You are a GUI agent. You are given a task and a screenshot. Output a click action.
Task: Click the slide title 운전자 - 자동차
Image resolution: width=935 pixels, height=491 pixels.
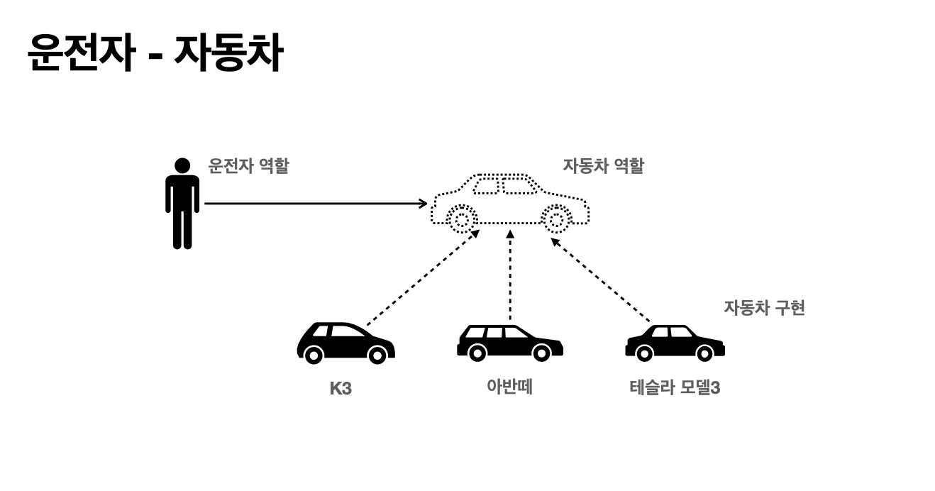point(155,53)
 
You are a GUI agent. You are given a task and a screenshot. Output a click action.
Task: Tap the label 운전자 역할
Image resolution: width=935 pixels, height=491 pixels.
point(248,166)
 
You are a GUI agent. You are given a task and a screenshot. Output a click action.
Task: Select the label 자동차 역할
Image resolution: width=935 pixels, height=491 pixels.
point(603,166)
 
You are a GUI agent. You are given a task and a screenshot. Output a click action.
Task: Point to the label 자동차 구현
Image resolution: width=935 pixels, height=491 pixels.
point(764,308)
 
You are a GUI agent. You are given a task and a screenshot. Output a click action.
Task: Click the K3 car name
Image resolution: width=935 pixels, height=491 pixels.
point(341,389)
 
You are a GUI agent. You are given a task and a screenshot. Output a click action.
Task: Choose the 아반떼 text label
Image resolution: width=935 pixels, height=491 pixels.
point(509,387)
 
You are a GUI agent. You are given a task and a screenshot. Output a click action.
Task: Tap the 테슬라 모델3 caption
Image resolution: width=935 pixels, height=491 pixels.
point(674,388)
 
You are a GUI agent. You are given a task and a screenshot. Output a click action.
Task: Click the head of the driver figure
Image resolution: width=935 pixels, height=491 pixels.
point(182,165)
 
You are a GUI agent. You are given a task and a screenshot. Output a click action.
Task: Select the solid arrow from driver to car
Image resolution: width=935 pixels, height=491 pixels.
point(316,204)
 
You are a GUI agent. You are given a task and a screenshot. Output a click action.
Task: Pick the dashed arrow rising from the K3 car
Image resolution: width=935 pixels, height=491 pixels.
point(423,277)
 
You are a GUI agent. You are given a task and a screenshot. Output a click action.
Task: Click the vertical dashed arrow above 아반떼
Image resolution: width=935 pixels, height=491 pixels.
point(509,277)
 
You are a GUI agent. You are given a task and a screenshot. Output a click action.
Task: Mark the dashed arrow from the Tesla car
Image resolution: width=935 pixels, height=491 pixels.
point(600,280)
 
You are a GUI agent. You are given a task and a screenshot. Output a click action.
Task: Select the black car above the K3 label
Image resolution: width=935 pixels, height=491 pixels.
point(345,343)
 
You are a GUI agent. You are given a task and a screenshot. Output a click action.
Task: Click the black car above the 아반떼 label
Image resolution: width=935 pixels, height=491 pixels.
point(509,342)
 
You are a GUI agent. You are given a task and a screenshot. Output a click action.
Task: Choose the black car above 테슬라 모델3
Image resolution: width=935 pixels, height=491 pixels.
point(674,343)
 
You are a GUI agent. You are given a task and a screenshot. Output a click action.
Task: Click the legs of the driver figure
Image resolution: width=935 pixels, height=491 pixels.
point(182,228)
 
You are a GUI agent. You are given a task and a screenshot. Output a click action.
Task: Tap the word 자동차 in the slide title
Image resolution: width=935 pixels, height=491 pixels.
point(228,53)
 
